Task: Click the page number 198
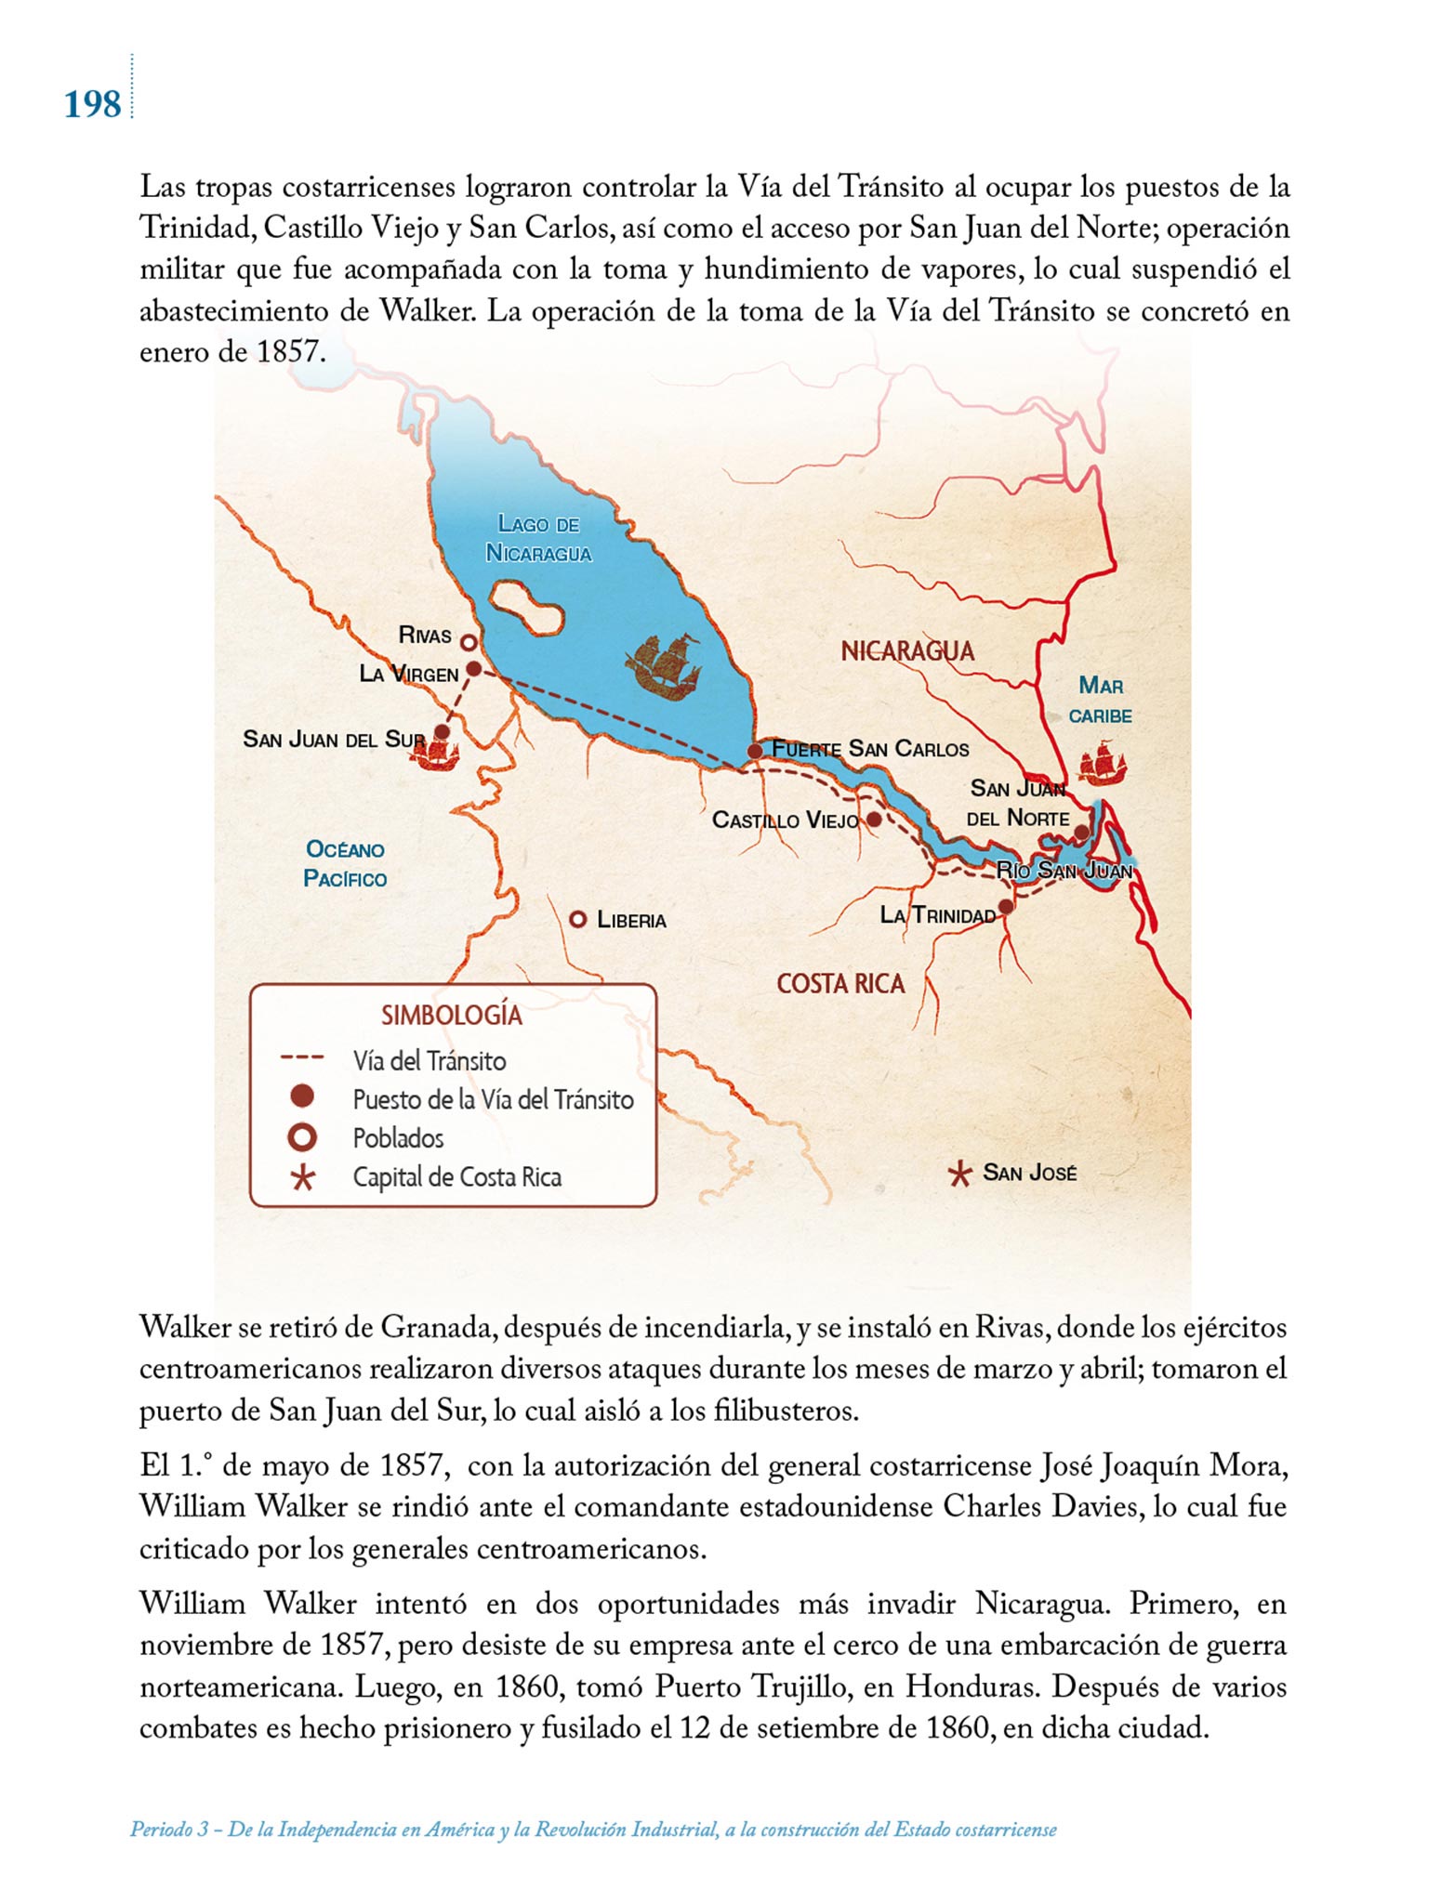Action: (x=92, y=104)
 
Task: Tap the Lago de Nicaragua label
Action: (x=538, y=539)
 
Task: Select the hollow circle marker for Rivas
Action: (x=469, y=642)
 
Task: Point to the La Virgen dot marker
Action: (x=473, y=668)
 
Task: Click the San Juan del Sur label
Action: (x=333, y=740)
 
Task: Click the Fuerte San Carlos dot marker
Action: (x=755, y=750)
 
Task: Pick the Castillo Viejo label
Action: (x=785, y=820)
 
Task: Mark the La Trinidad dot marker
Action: (x=1005, y=906)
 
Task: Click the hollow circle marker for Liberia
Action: (x=577, y=919)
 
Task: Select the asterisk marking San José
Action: (x=958, y=1175)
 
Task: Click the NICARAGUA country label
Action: (x=907, y=651)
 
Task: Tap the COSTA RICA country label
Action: (x=840, y=984)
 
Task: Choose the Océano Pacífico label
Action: (x=345, y=864)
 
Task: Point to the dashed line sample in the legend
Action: (x=302, y=1057)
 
